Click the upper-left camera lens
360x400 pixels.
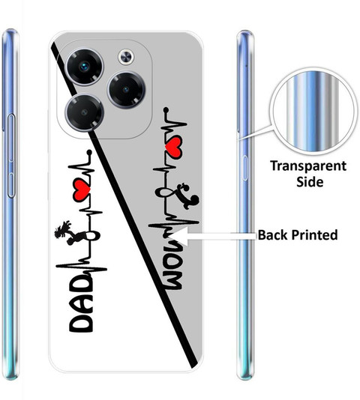point(85,67)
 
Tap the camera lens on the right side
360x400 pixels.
point(126,90)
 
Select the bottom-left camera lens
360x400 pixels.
point(85,112)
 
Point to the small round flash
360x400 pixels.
point(126,57)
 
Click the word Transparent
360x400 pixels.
point(308,166)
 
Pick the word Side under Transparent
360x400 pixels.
point(310,181)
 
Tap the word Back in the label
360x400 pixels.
point(273,234)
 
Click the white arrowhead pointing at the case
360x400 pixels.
point(178,236)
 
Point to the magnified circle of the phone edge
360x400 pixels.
point(313,112)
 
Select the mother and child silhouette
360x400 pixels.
point(188,196)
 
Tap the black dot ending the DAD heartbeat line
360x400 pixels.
point(89,152)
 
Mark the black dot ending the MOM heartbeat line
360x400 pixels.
point(166,109)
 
